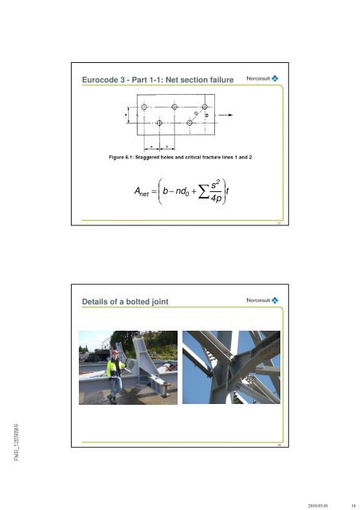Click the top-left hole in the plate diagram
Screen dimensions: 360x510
tap(143, 107)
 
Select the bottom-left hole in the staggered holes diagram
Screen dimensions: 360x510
tap(159, 124)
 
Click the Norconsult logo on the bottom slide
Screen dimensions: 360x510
tap(256, 300)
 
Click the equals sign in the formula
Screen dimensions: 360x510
tap(157, 192)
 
